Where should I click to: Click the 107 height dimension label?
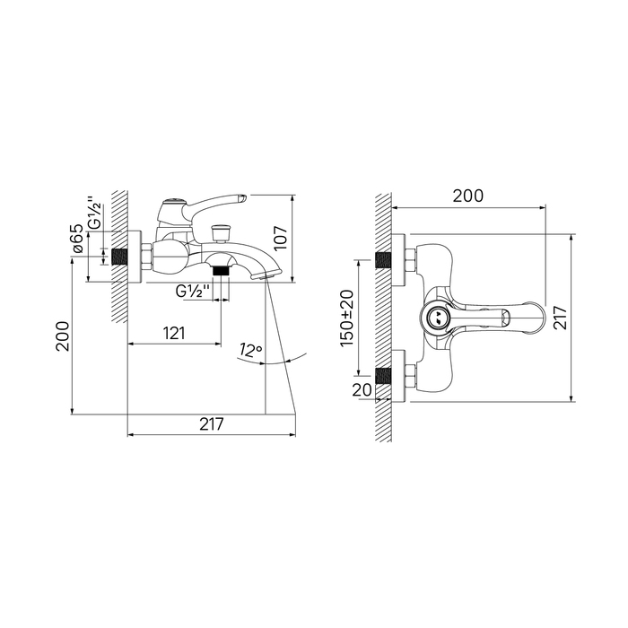click(282, 238)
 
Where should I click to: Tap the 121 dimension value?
click(174, 333)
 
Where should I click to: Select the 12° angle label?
click(250, 350)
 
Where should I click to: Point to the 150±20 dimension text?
click(347, 318)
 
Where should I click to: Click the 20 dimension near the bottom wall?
click(362, 389)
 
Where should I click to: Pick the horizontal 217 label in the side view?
click(212, 424)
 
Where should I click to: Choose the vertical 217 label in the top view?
click(561, 318)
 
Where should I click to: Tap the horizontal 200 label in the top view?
click(467, 196)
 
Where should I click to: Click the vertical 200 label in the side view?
click(63, 336)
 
